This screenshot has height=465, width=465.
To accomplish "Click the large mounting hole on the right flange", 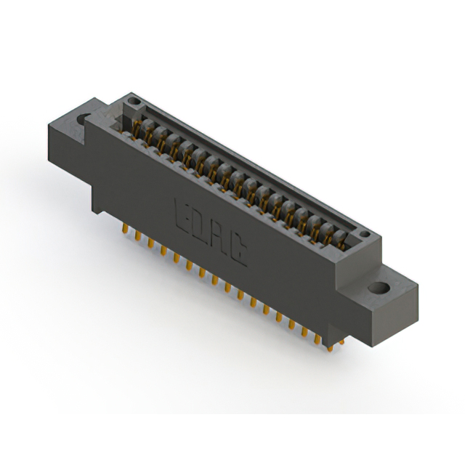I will [x=377, y=287].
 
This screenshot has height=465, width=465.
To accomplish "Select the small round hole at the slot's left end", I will [x=132, y=100].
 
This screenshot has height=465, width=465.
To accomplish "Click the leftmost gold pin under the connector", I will [x=124, y=229].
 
